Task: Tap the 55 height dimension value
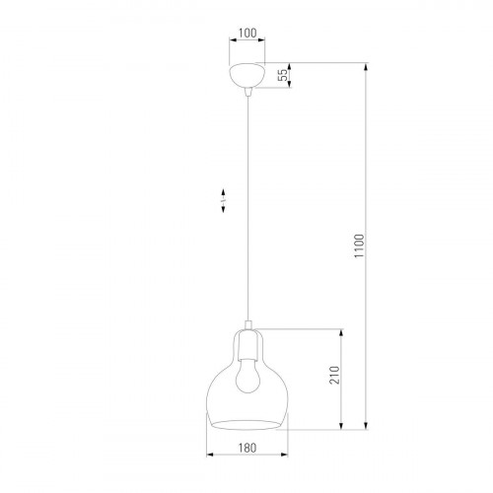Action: pyautogui.click(x=282, y=76)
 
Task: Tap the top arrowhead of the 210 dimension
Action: pyautogui.click(x=342, y=331)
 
